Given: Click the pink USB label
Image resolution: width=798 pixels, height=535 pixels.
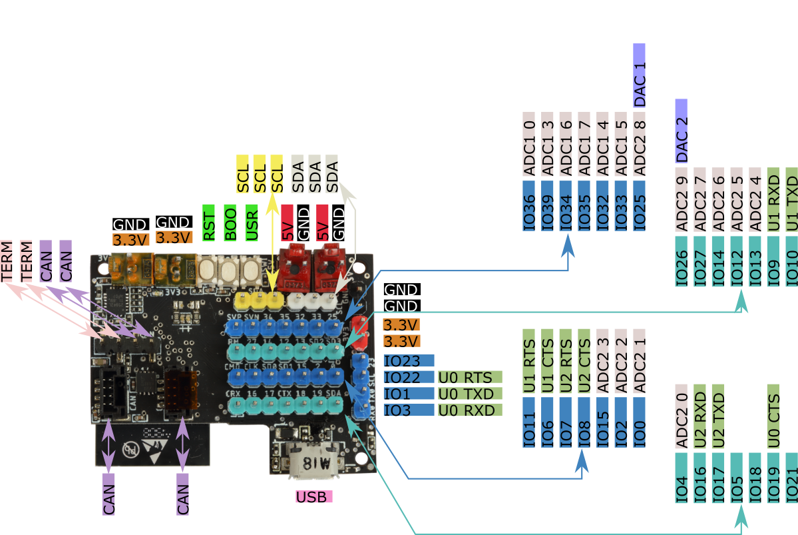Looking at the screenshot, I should tap(313, 496).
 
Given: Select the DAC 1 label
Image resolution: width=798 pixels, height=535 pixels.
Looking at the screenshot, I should tap(639, 75).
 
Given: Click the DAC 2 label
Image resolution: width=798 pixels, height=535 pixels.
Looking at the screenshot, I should tap(681, 131).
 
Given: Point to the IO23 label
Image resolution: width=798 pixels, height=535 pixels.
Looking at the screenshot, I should tap(409, 360).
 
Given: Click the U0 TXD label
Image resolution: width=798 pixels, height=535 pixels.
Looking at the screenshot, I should tap(469, 394).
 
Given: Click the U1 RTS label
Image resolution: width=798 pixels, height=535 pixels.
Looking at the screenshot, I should tap(529, 360).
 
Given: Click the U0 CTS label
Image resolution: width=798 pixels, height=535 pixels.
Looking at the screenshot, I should tap(773, 416).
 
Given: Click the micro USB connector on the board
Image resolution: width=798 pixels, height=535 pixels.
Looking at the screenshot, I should tap(313, 460).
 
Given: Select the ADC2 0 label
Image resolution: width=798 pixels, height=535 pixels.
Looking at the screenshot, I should tap(682, 416).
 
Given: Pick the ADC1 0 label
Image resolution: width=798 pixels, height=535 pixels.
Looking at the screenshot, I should tap(529, 144).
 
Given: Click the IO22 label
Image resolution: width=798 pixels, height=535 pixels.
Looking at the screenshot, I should tap(409, 377).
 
